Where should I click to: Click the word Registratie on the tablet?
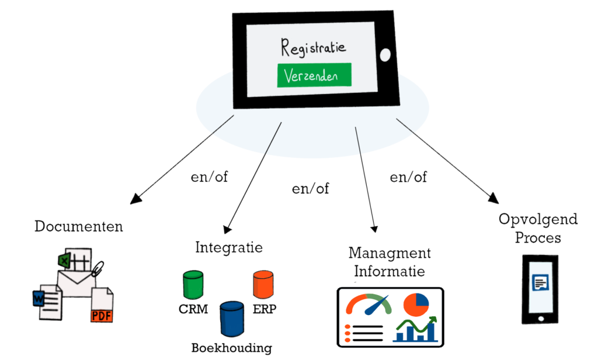coord(313,47)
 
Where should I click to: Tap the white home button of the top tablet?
coord(384,55)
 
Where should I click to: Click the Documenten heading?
coord(79,226)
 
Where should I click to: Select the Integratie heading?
coord(228,248)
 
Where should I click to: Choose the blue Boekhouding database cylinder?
coord(231,318)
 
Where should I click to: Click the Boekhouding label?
coord(231,348)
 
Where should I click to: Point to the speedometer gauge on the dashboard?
coord(368,305)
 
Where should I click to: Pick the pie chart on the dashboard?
coord(416,304)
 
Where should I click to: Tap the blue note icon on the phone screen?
coord(540,283)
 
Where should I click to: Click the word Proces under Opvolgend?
coord(538,238)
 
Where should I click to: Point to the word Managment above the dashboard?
coord(390,253)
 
